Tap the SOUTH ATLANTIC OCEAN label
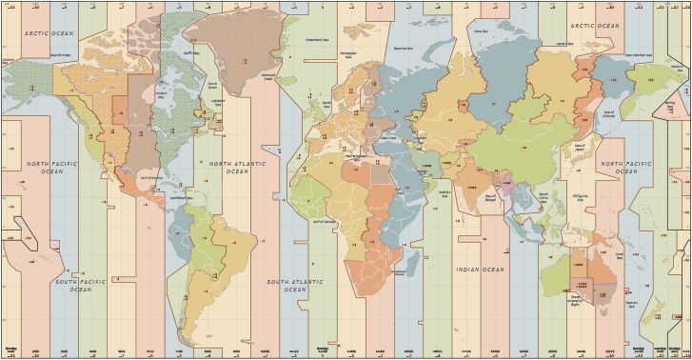pos(291,283)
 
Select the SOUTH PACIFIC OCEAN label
pos(73,285)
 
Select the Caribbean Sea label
pos(184,198)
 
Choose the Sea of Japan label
pos(579,145)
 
